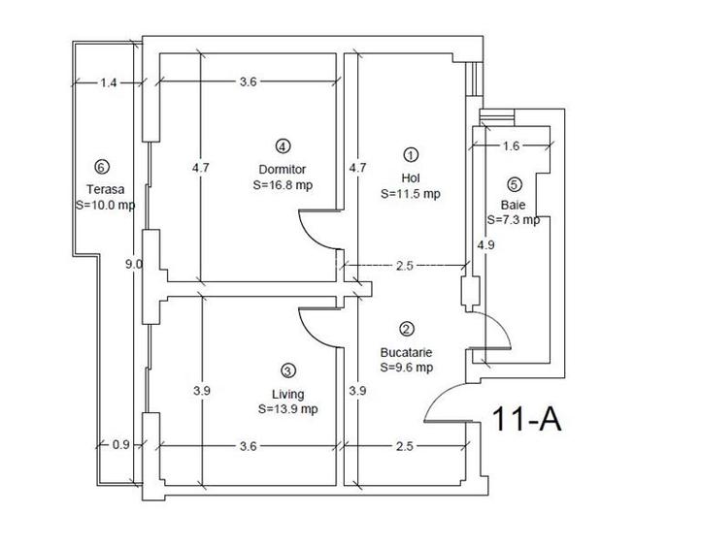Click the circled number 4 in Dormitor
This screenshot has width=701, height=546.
point(282,146)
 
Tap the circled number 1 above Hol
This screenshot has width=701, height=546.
point(410,154)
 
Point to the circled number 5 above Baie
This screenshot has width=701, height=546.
point(514,184)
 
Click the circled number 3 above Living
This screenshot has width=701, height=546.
point(287,369)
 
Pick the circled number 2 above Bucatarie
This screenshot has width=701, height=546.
point(407,330)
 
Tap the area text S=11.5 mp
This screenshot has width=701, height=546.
point(411,193)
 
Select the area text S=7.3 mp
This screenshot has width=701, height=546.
point(514,221)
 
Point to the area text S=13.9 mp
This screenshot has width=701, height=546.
point(288,409)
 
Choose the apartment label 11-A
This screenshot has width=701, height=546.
point(527,419)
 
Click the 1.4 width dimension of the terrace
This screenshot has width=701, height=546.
point(109,83)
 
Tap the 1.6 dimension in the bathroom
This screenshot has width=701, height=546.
point(513,146)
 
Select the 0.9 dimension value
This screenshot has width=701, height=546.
point(120,446)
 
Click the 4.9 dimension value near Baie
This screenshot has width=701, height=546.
point(484,244)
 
